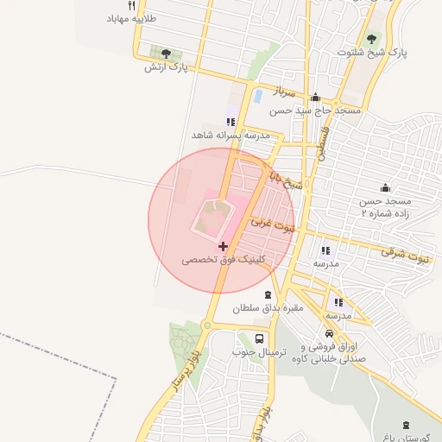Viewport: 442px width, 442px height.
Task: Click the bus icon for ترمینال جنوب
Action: [260, 338]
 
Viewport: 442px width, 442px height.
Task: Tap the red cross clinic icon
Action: [224, 246]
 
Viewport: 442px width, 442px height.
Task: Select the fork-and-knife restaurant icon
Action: [132, 5]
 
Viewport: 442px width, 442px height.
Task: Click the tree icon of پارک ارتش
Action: [166, 54]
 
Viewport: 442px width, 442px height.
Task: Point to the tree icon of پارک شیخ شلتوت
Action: [372, 39]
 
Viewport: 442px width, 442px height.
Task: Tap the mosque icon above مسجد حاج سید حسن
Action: [315, 98]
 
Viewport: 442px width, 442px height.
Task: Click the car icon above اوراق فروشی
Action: [330, 333]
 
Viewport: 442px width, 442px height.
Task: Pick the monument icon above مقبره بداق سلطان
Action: [267, 294]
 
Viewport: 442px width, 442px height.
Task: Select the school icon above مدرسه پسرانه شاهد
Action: [230, 122]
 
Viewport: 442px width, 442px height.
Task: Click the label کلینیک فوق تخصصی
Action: [224, 259]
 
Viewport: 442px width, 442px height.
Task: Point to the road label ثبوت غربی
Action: [273, 225]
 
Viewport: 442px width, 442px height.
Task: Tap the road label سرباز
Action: [285, 91]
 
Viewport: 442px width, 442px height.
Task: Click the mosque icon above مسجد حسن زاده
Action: [385, 188]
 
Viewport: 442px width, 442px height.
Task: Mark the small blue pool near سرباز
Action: [257, 96]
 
